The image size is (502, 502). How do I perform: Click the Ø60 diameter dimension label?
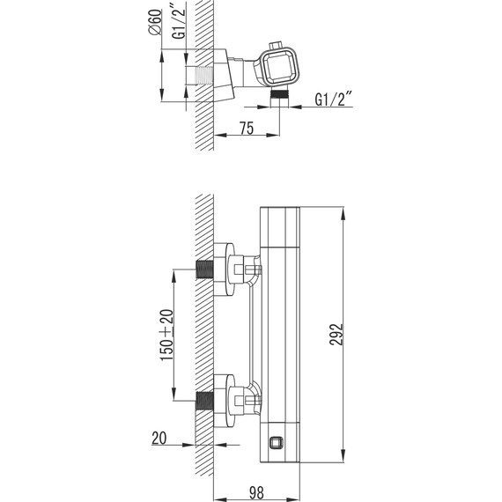pos(155,21)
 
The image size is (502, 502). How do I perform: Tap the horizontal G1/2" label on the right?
pos(334,99)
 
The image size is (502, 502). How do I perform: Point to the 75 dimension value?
pos(247,128)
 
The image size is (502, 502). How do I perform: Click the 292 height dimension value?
pos(336,335)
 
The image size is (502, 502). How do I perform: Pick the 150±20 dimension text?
pos(166,335)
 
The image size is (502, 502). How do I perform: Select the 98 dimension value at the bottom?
pos(256,492)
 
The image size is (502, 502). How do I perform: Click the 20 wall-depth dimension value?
pos(159,438)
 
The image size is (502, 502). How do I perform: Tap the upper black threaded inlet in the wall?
pos(204,269)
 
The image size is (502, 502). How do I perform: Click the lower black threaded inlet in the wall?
pos(204,401)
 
